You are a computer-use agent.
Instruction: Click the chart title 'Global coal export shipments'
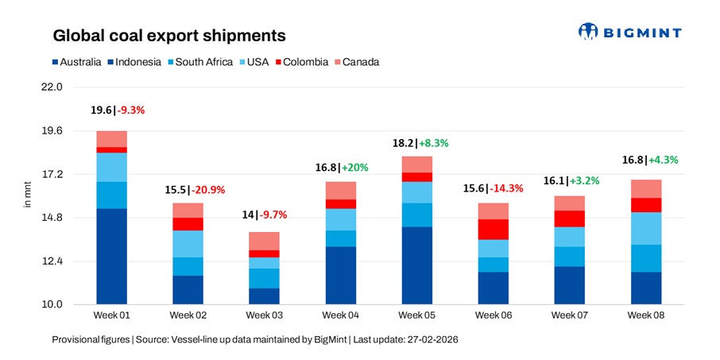[x=169, y=36]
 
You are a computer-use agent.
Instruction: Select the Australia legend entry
[x=77, y=62]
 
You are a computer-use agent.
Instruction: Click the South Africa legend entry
[x=199, y=62]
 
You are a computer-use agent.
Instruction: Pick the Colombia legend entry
[x=301, y=62]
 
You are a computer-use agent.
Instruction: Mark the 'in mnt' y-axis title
[x=28, y=195]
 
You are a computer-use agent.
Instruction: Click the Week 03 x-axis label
[x=264, y=315]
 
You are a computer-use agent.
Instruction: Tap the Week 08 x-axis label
[x=645, y=315]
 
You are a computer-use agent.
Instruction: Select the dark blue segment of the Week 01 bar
[x=111, y=256]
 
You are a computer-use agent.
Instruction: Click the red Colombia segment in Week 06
[x=494, y=229]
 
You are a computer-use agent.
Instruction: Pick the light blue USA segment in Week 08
[x=645, y=228]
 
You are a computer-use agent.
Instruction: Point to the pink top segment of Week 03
[x=264, y=241]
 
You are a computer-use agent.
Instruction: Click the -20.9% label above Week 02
[x=211, y=190]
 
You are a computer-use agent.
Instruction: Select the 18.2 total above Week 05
[x=403, y=143]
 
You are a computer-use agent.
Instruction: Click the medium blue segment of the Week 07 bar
[x=569, y=257]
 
